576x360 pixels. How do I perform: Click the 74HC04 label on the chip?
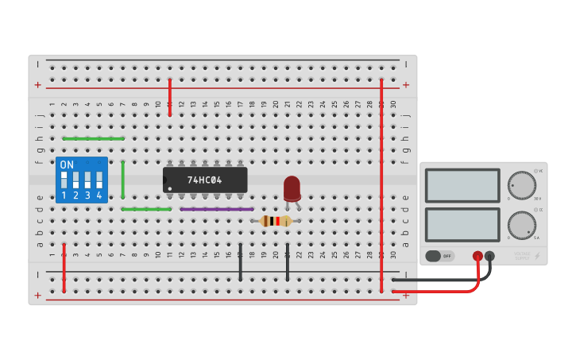pyautogui.click(x=205, y=180)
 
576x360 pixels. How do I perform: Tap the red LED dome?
pyautogui.click(x=292, y=187)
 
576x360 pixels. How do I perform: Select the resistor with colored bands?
pyautogui.click(x=276, y=221)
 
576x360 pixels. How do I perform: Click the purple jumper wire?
pyautogui.click(x=216, y=209)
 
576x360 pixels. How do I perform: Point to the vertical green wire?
pyautogui.click(x=122, y=179)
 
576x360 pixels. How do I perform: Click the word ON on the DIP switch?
pyautogui.click(x=67, y=165)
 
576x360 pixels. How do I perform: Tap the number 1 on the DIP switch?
pyautogui.click(x=64, y=195)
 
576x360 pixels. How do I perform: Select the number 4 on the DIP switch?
pyautogui.click(x=99, y=195)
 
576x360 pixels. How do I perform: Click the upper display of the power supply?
pyautogui.click(x=462, y=185)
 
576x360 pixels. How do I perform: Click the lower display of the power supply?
pyautogui.click(x=462, y=224)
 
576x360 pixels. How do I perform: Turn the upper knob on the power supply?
pyautogui.click(x=522, y=184)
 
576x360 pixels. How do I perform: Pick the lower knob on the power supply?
pyautogui.click(x=522, y=224)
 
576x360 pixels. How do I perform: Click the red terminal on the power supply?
pyautogui.click(x=477, y=256)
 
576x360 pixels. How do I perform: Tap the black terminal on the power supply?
pyautogui.click(x=489, y=256)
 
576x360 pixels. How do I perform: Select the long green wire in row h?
pyautogui.click(x=93, y=138)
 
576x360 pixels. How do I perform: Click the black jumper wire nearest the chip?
pyautogui.click(x=240, y=262)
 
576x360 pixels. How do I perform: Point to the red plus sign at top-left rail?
pyautogui.click(x=37, y=84)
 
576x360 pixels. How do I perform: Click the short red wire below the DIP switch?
pyautogui.click(x=64, y=268)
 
